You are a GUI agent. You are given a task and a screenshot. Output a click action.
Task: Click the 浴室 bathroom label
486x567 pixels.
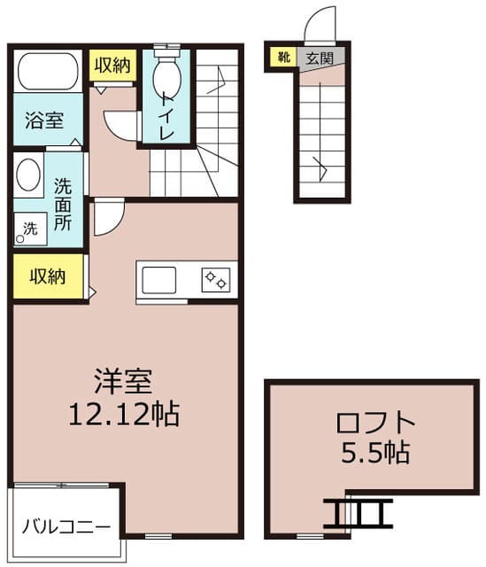[x=44, y=120]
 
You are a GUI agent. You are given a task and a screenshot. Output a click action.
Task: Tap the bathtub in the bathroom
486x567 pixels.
[x=48, y=71]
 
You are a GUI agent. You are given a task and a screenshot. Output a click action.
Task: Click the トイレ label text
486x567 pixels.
[x=166, y=116]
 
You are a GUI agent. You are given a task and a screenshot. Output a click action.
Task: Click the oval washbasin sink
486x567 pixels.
[x=28, y=175]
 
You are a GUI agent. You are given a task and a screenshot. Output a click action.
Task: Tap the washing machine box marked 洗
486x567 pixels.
[x=30, y=229]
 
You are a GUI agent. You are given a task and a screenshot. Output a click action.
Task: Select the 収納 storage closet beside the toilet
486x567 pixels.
[x=112, y=65]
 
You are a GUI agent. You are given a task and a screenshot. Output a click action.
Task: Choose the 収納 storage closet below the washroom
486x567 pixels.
[x=48, y=277]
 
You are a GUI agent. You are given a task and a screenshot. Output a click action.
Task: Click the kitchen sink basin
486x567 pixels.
[x=159, y=280]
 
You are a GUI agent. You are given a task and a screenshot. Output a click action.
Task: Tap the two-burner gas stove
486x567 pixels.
[x=216, y=280]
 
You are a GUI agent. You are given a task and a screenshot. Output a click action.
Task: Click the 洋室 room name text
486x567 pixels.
[x=123, y=381]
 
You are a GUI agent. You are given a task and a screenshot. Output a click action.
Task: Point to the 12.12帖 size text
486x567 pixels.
[x=124, y=414]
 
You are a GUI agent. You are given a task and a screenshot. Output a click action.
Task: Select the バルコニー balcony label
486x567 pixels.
[x=66, y=526]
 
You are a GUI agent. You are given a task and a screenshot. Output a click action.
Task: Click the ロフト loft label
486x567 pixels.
[x=376, y=423]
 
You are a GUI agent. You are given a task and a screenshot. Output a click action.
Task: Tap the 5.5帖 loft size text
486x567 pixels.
[x=376, y=453]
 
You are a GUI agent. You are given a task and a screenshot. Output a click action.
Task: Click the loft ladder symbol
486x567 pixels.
[x=358, y=513]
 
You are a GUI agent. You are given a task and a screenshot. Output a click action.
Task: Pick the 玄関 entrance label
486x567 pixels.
[x=320, y=58]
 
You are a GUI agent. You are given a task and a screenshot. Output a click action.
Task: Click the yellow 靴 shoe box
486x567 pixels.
[x=284, y=57]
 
